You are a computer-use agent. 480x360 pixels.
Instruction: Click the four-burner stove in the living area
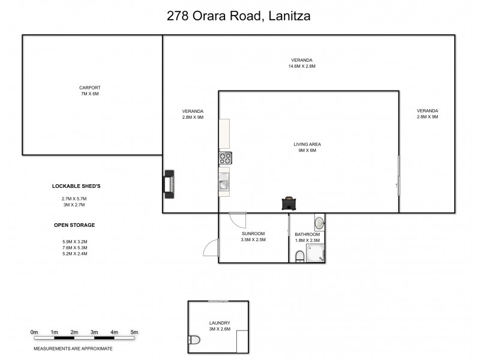click(x=226, y=158)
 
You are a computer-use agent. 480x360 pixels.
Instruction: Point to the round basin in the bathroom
click(x=320, y=223)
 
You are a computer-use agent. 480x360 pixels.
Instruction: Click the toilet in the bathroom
click(x=300, y=257)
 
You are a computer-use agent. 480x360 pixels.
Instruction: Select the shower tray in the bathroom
click(x=317, y=253)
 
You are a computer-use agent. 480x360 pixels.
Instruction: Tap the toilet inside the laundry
click(x=194, y=343)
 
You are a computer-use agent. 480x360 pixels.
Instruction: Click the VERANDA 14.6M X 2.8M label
click(x=302, y=63)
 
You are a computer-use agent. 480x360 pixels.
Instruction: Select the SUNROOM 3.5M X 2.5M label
click(x=253, y=236)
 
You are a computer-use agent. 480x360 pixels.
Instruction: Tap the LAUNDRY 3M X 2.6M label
click(x=219, y=326)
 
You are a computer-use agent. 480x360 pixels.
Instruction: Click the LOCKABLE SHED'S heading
click(x=76, y=187)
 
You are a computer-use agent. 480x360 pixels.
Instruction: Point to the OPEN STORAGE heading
click(x=74, y=225)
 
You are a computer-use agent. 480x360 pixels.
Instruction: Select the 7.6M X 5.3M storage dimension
click(x=74, y=247)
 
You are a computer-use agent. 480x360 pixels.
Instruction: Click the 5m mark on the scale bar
click(x=134, y=332)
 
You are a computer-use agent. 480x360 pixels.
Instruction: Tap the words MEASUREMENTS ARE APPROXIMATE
click(x=73, y=348)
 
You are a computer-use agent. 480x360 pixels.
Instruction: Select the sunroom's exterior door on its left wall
click(x=210, y=248)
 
